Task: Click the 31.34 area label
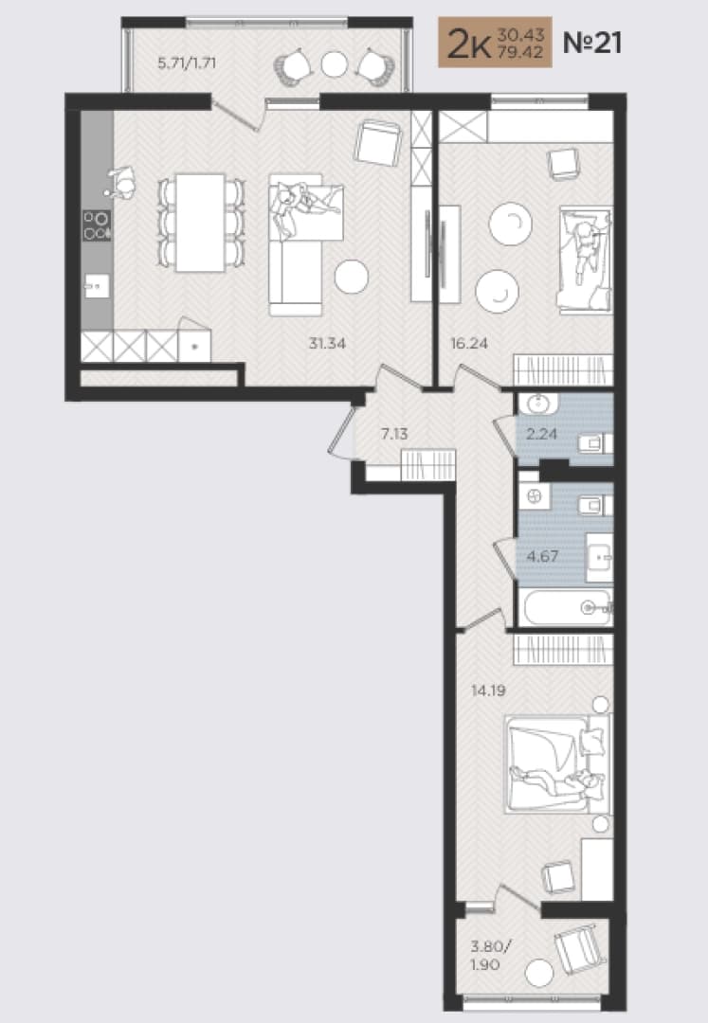pos(327,343)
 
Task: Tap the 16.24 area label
pos(469,343)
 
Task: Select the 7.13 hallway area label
pos(394,434)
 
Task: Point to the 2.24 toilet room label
pos(541,433)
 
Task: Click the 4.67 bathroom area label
pos(542,557)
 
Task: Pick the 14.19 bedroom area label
pos(488,691)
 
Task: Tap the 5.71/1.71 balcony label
pos(187,63)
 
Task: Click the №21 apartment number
pos(591,43)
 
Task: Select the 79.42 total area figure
pos(520,51)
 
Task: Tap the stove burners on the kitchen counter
pos(97,225)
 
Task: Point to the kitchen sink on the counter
pos(97,286)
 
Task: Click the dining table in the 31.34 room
pos(200,223)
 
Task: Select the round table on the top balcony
pos(335,64)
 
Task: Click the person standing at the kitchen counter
pos(120,183)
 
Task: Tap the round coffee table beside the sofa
pos(352,277)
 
